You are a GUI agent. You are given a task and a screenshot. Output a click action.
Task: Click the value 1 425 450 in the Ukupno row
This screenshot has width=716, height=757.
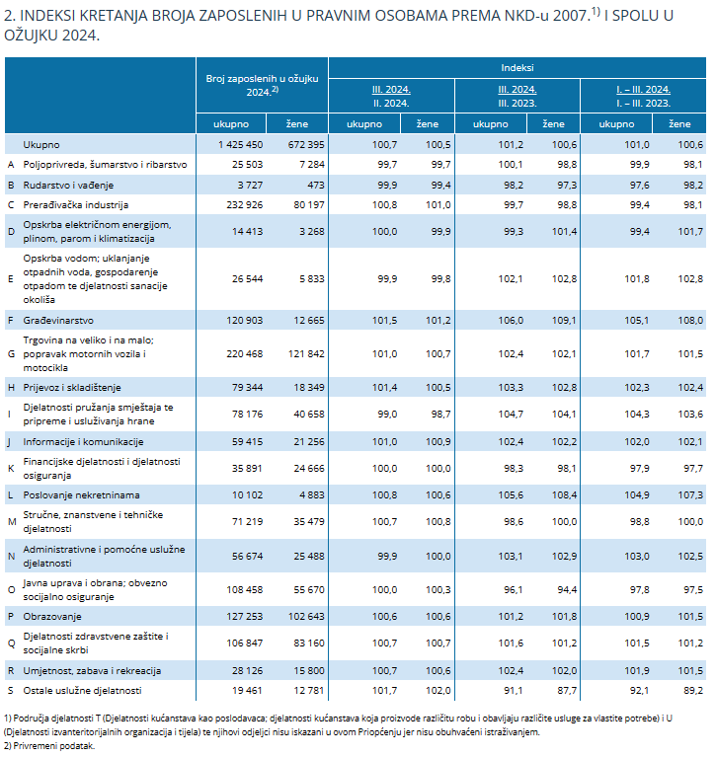[x=241, y=144]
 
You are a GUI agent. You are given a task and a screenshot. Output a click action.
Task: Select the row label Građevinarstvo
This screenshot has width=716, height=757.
[x=58, y=320]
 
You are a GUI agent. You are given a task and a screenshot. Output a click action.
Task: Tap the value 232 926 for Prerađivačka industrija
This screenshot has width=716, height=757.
[x=245, y=204]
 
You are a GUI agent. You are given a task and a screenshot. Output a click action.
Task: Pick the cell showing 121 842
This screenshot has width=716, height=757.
[x=306, y=354]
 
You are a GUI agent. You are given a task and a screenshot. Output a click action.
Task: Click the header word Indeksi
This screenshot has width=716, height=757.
[x=517, y=67]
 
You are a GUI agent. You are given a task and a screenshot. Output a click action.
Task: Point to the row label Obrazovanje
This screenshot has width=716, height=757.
[x=52, y=617]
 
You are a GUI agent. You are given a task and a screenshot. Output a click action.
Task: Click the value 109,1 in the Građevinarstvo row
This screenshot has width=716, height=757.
[x=564, y=320]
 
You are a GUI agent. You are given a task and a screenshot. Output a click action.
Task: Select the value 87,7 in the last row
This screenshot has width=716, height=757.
[x=567, y=690]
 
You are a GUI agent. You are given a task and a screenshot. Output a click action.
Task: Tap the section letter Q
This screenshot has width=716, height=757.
[x=11, y=643]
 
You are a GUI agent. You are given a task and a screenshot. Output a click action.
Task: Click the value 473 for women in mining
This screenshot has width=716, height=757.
[x=316, y=185]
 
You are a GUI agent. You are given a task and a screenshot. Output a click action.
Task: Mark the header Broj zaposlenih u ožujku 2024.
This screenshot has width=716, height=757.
[x=262, y=85]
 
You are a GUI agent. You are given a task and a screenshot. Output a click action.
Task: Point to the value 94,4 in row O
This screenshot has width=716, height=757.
[x=567, y=589]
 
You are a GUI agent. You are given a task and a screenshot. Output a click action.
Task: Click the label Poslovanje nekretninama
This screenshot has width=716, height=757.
[x=81, y=494]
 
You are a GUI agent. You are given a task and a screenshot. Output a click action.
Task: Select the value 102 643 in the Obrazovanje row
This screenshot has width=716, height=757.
[x=306, y=617]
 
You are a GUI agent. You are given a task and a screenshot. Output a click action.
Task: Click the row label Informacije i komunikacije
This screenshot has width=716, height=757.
[x=83, y=442]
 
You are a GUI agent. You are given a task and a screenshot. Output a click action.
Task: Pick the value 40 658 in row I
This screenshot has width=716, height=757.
[x=309, y=414]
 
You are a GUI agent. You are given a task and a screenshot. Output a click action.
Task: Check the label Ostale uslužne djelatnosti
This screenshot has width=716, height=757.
[x=82, y=690]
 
